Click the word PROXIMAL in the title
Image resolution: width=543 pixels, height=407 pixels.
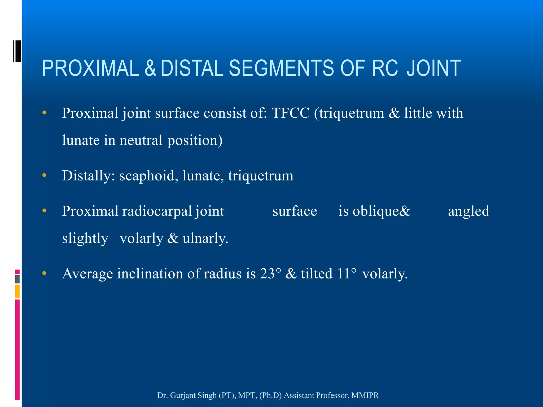90,68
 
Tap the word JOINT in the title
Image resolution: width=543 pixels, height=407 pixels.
433,68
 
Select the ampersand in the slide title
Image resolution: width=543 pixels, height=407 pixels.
150,68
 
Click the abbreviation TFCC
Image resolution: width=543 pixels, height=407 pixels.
291,113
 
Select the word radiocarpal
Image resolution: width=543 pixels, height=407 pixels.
157,211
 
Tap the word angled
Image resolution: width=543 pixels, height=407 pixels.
468,211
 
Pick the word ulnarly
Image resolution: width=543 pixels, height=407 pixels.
205,238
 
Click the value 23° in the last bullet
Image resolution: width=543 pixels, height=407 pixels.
270,273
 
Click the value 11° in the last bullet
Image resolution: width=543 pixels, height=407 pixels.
347,273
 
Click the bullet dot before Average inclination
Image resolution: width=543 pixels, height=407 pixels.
44,273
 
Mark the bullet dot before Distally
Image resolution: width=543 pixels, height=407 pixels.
44,175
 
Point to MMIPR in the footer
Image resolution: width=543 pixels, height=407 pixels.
365,395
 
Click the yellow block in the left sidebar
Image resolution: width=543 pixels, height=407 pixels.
17,291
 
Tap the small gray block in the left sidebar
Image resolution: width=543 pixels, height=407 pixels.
17,279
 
